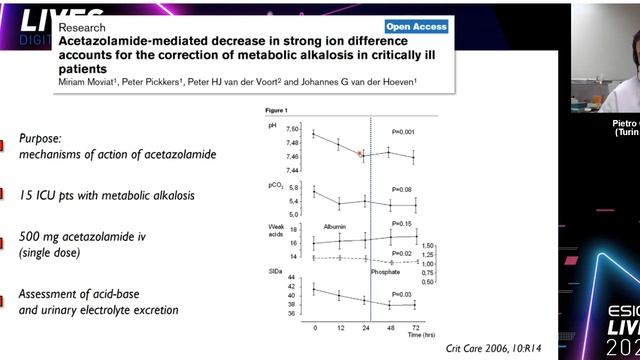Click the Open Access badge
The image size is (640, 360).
point(412,26)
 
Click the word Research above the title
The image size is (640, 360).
point(87,27)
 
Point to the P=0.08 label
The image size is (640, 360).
point(402,188)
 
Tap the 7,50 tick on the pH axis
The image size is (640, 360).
point(293,130)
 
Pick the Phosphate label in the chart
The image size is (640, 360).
point(385,271)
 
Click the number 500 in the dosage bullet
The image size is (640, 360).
point(33,237)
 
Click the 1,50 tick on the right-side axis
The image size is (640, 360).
point(429,245)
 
